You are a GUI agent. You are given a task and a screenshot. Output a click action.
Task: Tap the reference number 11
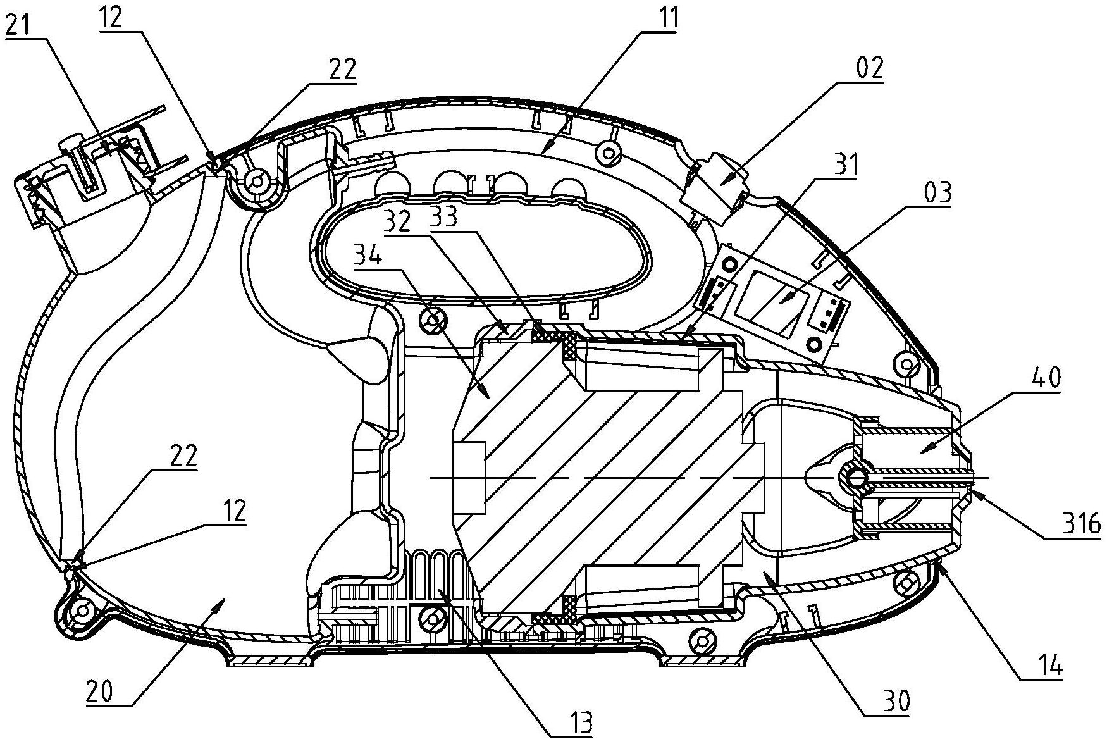664,18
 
